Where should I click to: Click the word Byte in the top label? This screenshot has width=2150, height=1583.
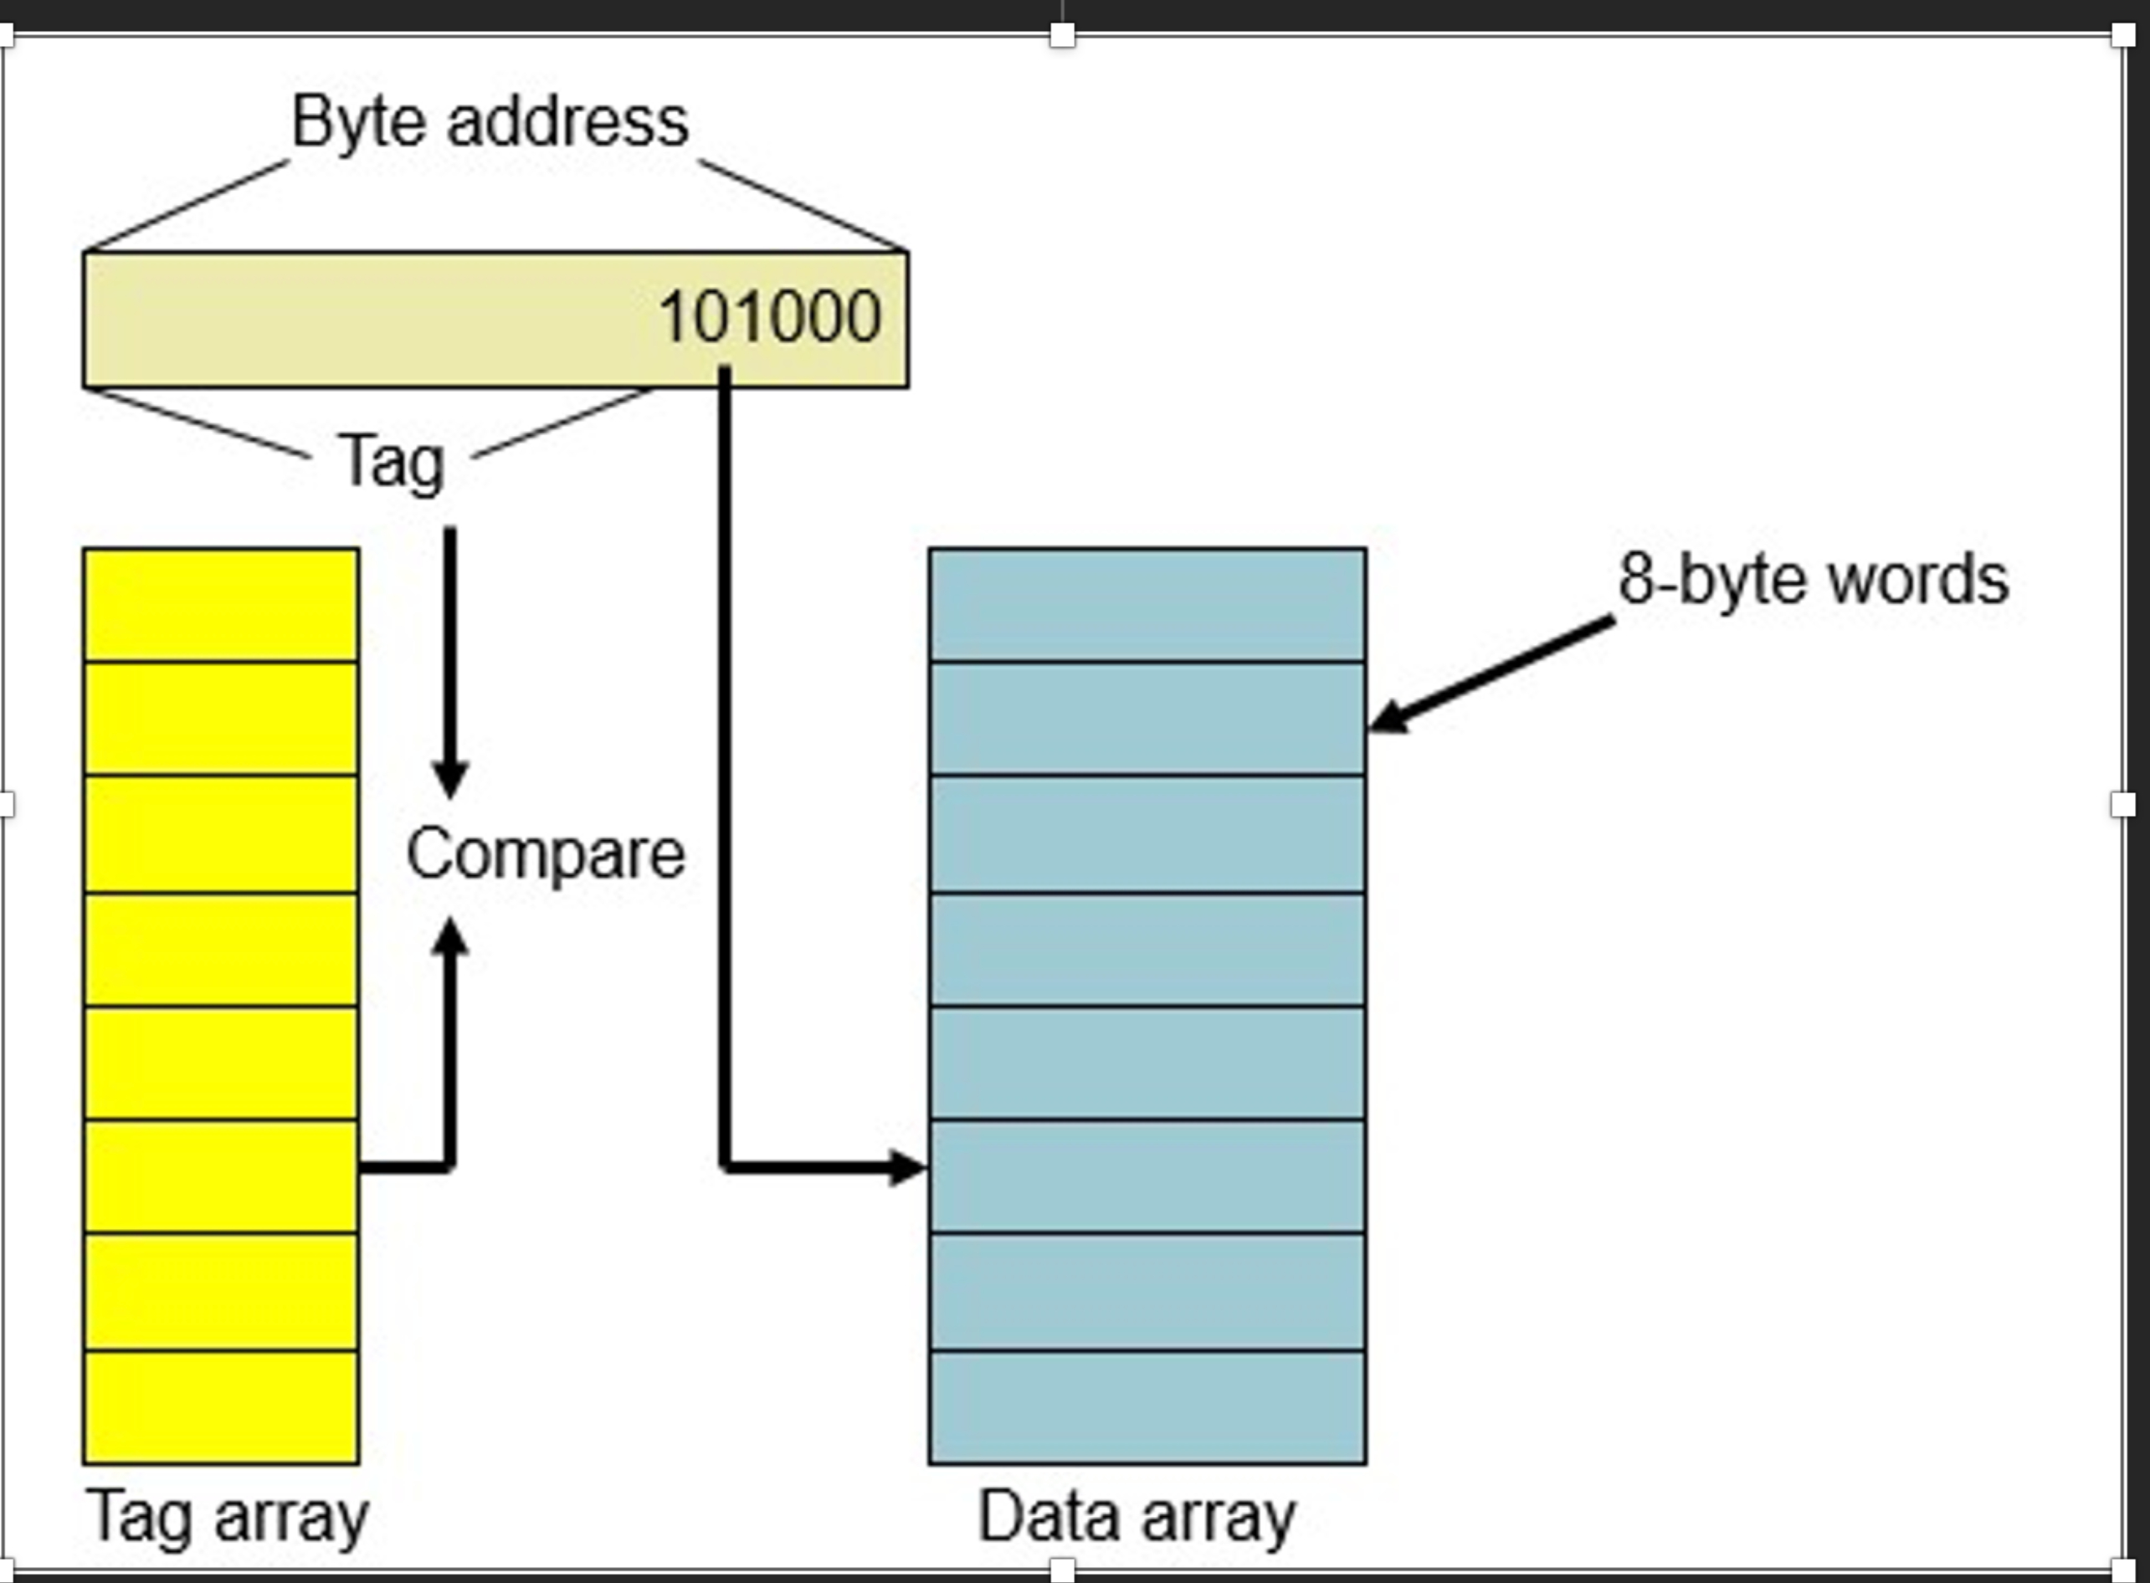click(x=357, y=123)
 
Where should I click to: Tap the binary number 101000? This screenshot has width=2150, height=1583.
click(x=770, y=317)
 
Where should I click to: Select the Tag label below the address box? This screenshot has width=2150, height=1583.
click(x=392, y=463)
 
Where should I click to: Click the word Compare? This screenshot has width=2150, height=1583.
click(x=546, y=853)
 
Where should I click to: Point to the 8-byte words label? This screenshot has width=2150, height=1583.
click(x=1813, y=580)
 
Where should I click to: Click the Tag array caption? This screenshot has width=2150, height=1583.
click(x=227, y=1517)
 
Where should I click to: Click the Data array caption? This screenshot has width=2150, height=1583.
click(x=1136, y=1517)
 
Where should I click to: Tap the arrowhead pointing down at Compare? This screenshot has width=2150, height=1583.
click(x=449, y=778)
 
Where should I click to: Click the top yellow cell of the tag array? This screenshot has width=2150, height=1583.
click(x=222, y=606)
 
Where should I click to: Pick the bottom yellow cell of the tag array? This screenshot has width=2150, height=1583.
click(x=222, y=1406)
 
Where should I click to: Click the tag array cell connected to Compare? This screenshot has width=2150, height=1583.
click(x=222, y=1176)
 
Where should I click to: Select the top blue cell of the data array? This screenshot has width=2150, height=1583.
click(x=1147, y=606)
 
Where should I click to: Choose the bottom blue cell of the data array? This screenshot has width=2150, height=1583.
click(x=1147, y=1406)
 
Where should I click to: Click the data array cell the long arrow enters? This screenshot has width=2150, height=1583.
click(x=1147, y=1176)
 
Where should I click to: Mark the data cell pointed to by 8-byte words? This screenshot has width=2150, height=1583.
click(x=1147, y=719)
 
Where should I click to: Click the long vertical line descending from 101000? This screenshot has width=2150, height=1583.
click(x=725, y=766)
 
